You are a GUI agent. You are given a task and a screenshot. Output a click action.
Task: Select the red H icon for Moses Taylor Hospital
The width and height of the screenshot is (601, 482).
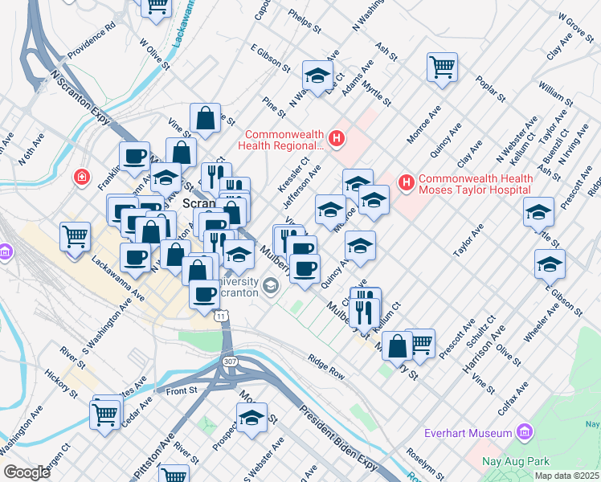click(407, 184)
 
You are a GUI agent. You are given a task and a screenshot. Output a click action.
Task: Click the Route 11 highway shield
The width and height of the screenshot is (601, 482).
click(220, 317)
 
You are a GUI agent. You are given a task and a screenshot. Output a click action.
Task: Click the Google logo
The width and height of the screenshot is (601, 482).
click(27, 472)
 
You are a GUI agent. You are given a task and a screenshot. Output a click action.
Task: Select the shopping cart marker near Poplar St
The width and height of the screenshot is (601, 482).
click(442, 67)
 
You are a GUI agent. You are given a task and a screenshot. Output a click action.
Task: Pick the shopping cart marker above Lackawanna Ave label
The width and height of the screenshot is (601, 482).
click(75, 237)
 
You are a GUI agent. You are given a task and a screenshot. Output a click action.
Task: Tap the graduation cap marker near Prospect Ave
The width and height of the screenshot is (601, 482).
click(251, 418)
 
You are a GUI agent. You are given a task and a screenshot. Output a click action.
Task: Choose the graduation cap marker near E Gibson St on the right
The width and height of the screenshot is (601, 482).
click(550, 263)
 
